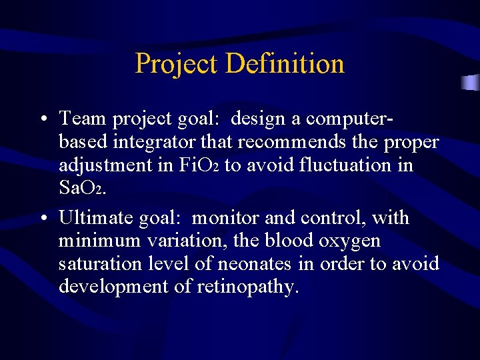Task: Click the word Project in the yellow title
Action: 177,64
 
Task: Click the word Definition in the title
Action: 285,64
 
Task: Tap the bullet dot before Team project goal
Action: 42,120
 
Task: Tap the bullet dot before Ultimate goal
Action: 42,219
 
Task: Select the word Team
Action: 83,119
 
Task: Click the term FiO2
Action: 198,165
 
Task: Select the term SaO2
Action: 80,187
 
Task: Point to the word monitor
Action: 225,218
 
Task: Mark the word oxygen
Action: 352,241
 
